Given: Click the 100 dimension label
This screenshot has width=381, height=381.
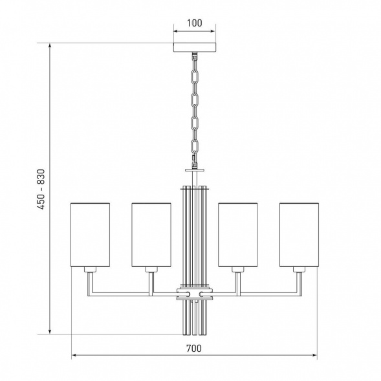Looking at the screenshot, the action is (195, 23).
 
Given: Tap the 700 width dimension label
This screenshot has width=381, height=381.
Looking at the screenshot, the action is (194, 349).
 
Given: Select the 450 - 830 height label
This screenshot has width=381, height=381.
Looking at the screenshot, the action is (41, 190).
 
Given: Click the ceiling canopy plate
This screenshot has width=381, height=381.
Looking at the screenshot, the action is (195, 47).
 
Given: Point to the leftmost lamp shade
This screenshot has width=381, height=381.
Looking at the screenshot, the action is (90, 235).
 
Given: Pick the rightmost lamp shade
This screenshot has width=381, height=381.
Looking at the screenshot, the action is (299, 235).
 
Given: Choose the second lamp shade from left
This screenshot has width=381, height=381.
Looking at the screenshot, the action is (151, 235).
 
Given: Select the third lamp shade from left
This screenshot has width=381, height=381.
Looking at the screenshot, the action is (238, 235).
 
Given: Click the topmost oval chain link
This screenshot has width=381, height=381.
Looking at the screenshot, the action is (195, 76).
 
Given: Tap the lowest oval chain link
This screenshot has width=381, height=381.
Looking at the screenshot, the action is (195, 146).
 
